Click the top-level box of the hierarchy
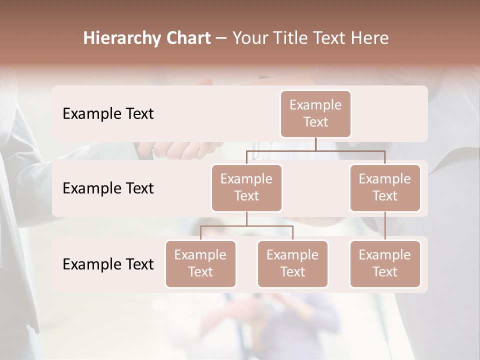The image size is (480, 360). (x=315, y=113)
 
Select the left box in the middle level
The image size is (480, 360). (x=246, y=187)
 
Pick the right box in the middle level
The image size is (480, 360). (x=385, y=187)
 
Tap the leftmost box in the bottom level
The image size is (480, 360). (x=200, y=263)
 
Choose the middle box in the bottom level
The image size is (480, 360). (x=292, y=263)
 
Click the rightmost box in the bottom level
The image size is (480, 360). (x=385, y=263)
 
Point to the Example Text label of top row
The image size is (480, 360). (x=108, y=113)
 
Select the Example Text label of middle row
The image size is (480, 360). (x=108, y=188)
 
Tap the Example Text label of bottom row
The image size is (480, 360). (x=108, y=264)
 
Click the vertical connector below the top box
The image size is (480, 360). (x=315, y=144)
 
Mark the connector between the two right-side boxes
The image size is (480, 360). (x=385, y=225)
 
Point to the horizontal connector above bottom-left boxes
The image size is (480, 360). (x=246, y=226)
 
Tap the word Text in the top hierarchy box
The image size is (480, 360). (x=315, y=122)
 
